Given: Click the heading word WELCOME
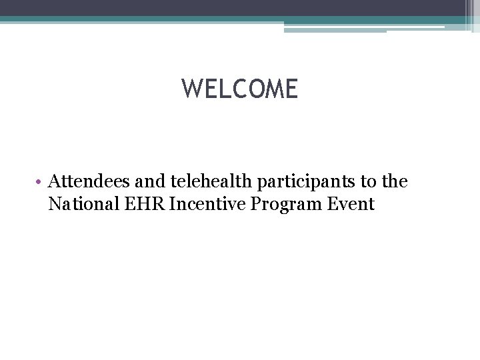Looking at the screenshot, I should click(240, 89).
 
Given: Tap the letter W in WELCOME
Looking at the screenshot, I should click(192, 89).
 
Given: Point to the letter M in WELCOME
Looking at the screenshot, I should click(272, 89).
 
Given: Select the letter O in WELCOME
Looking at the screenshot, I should click(253, 89).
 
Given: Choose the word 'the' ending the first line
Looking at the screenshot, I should click(393, 181).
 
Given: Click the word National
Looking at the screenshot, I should click(79, 204).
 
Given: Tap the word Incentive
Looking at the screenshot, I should click(205, 204).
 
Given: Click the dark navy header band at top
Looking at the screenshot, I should click(233, 7).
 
